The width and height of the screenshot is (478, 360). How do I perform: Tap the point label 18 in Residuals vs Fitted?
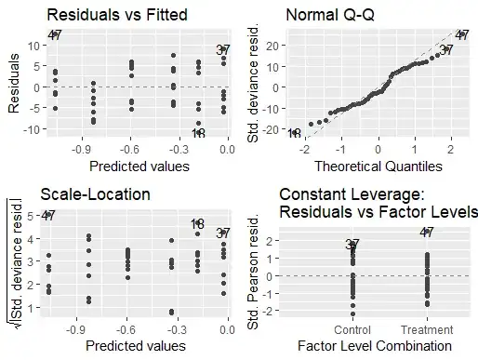198,133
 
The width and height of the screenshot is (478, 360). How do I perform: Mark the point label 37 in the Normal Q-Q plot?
445,50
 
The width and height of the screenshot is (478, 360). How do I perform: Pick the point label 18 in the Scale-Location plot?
197,224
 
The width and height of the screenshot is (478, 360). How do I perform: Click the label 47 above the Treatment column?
426,233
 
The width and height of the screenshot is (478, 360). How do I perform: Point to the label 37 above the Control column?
352,245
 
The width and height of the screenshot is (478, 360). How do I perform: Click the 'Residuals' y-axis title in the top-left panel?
15,87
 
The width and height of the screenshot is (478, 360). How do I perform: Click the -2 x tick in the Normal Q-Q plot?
304,150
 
